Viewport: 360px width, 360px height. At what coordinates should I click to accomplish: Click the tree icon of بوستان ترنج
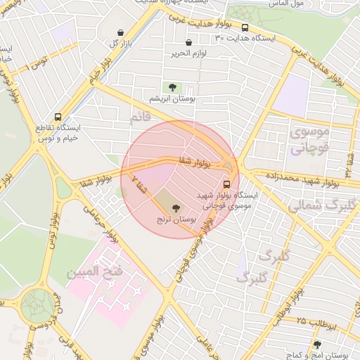pyautogui.click(x=175, y=208)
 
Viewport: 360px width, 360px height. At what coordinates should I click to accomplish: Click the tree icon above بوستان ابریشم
pyautogui.click(x=172, y=87)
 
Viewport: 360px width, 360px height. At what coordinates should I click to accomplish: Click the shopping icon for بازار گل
pyautogui.click(x=122, y=32)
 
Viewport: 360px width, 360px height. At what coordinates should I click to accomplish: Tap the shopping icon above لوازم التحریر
pyautogui.click(x=188, y=43)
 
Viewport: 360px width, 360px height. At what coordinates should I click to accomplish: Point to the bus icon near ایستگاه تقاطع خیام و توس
pyautogui.click(x=58, y=117)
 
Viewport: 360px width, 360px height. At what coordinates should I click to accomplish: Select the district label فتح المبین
pyautogui.click(x=95, y=270)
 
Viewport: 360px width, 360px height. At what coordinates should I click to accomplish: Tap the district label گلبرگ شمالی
pyautogui.click(x=314, y=205)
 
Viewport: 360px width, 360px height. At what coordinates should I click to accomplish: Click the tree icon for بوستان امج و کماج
pyautogui.click(x=317, y=345)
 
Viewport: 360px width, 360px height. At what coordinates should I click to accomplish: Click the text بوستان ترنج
pyautogui.click(x=175, y=220)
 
